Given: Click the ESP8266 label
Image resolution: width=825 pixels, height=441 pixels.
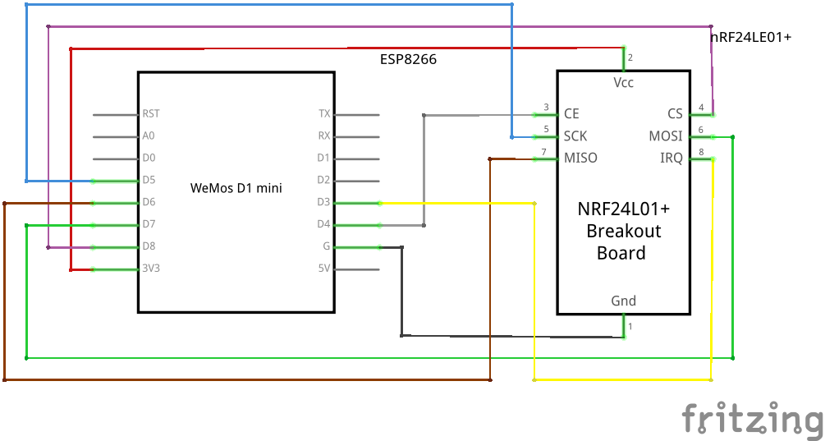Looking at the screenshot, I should [x=407, y=59].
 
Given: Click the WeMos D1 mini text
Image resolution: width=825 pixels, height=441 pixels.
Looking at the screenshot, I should [x=236, y=188].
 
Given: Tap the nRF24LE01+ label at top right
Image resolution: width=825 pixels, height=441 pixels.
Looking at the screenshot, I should [x=750, y=37].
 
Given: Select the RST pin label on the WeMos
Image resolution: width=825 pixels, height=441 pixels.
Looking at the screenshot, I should [x=151, y=114].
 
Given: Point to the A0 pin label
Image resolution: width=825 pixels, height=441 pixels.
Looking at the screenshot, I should [x=149, y=136].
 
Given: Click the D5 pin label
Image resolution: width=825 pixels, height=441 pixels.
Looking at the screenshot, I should [x=149, y=180].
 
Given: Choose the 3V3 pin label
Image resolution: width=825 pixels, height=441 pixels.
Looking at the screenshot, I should [x=150, y=268].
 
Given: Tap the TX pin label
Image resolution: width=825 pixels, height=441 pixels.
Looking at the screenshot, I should [x=324, y=114].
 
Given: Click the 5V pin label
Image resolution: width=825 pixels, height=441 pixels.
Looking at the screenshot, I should [x=324, y=268].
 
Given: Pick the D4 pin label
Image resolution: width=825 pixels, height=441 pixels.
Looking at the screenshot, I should [x=323, y=224].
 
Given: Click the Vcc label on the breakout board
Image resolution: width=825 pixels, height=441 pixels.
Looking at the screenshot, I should [x=624, y=83].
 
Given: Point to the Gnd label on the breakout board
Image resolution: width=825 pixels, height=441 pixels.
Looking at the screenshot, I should [x=624, y=301].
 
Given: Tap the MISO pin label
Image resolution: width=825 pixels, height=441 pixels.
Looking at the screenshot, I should [x=580, y=158].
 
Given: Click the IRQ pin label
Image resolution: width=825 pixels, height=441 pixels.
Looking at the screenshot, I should [x=671, y=158].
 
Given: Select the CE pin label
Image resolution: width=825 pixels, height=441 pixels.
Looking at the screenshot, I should [x=571, y=114].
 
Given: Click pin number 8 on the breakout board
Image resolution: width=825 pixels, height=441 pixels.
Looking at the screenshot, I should [x=701, y=152].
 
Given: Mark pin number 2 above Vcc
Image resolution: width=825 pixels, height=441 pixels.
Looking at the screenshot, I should [x=630, y=57].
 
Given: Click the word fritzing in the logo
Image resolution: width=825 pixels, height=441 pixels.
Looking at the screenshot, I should [x=752, y=419].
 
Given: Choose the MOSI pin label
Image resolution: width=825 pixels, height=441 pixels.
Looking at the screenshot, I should [x=666, y=136].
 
